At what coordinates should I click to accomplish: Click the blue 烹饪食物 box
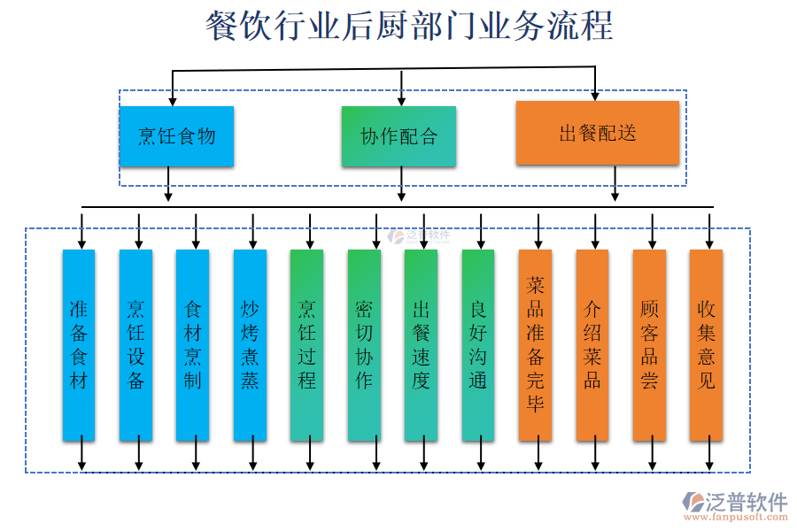pyautogui.click(x=176, y=136)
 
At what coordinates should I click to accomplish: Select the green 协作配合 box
pyautogui.click(x=398, y=136)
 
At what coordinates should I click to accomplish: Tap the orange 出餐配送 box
pyautogui.click(x=598, y=133)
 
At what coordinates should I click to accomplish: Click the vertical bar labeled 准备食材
pyautogui.click(x=79, y=345)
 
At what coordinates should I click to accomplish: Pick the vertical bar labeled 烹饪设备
pyautogui.click(x=135, y=345)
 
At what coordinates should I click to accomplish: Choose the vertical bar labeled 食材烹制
pyautogui.click(x=192, y=345)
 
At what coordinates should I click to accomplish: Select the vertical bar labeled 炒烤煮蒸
pyautogui.click(x=250, y=345)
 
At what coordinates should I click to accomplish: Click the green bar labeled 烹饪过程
pyautogui.click(x=306, y=345)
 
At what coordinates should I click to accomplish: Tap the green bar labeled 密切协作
pyautogui.click(x=364, y=345)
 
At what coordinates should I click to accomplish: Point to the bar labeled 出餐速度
pyautogui.click(x=421, y=345)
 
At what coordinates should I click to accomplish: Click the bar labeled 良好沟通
pyautogui.click(x=478, y=345)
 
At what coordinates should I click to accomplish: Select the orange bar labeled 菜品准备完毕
pyautogui.click(x=535, y=345)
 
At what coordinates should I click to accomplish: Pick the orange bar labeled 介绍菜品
pyautogui.click(x=592, y=345)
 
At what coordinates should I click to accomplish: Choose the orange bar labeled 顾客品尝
pyautogui.click(x=649, y=345)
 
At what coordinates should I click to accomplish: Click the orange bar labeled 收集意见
pyautogui.click(x=706, y=345)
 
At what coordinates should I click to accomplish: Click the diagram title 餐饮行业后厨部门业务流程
pyautogui.click(x=409, y=26)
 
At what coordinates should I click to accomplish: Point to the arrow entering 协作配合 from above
pyautogui.click(x=401, y=89)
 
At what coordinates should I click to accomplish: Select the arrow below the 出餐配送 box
pyautogui.click(x=615, y=184)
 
